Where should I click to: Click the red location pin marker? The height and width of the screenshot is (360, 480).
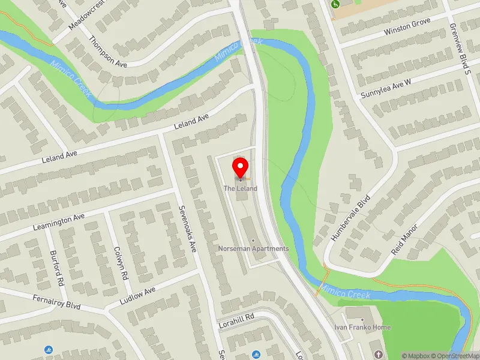coord(241,168)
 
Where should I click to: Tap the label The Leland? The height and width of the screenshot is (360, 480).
coord(241,188)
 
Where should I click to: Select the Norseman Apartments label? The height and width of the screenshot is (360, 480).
coord(254,248)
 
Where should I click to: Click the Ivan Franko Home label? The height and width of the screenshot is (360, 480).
coord(362,328)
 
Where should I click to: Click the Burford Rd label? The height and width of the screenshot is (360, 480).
coord(57,267)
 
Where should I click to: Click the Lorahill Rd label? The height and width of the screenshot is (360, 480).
coord(236,316)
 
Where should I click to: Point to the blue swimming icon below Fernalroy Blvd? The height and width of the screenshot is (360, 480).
coord(48,349)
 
